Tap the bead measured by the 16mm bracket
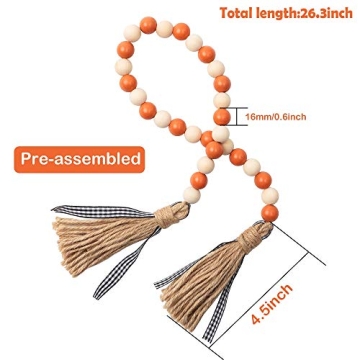click(x=222, y=117)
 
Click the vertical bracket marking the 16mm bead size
click(x=238, y=117)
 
